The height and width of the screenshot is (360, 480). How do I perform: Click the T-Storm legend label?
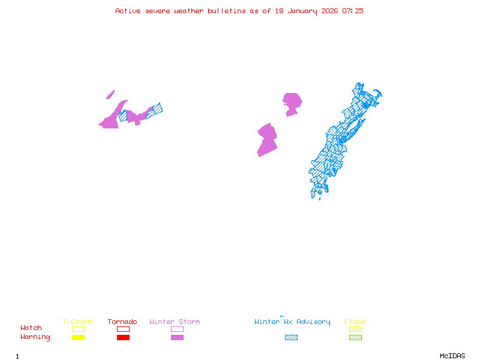click(77, 322)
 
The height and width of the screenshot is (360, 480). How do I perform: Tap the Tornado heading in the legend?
click(122, 322)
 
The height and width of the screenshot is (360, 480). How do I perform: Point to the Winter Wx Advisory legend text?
click(292, 322)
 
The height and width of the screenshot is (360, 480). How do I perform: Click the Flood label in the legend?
click(355, 322)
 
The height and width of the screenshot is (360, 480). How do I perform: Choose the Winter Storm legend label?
click(175, 322)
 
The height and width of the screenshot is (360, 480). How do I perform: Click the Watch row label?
click(31, 328)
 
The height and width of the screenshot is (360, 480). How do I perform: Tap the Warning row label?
click(35, 337)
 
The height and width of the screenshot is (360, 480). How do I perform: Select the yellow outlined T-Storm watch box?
click(78, 329)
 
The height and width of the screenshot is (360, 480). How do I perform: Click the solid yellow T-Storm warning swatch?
click(78, 337)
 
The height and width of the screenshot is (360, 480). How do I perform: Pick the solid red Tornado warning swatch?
click(123, 337)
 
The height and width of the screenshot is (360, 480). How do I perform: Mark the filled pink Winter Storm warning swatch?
click(177, 337)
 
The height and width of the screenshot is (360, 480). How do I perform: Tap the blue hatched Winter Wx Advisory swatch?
click(291, 337)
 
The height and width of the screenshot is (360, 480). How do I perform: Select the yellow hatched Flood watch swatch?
click(355, 329)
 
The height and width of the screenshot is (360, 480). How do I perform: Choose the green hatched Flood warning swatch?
click(355, 337)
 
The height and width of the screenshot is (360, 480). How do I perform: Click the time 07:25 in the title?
click(353, 11)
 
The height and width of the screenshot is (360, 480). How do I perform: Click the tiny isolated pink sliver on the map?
click(110, 94)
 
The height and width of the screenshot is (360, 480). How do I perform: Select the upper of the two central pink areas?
click(292, 103)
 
